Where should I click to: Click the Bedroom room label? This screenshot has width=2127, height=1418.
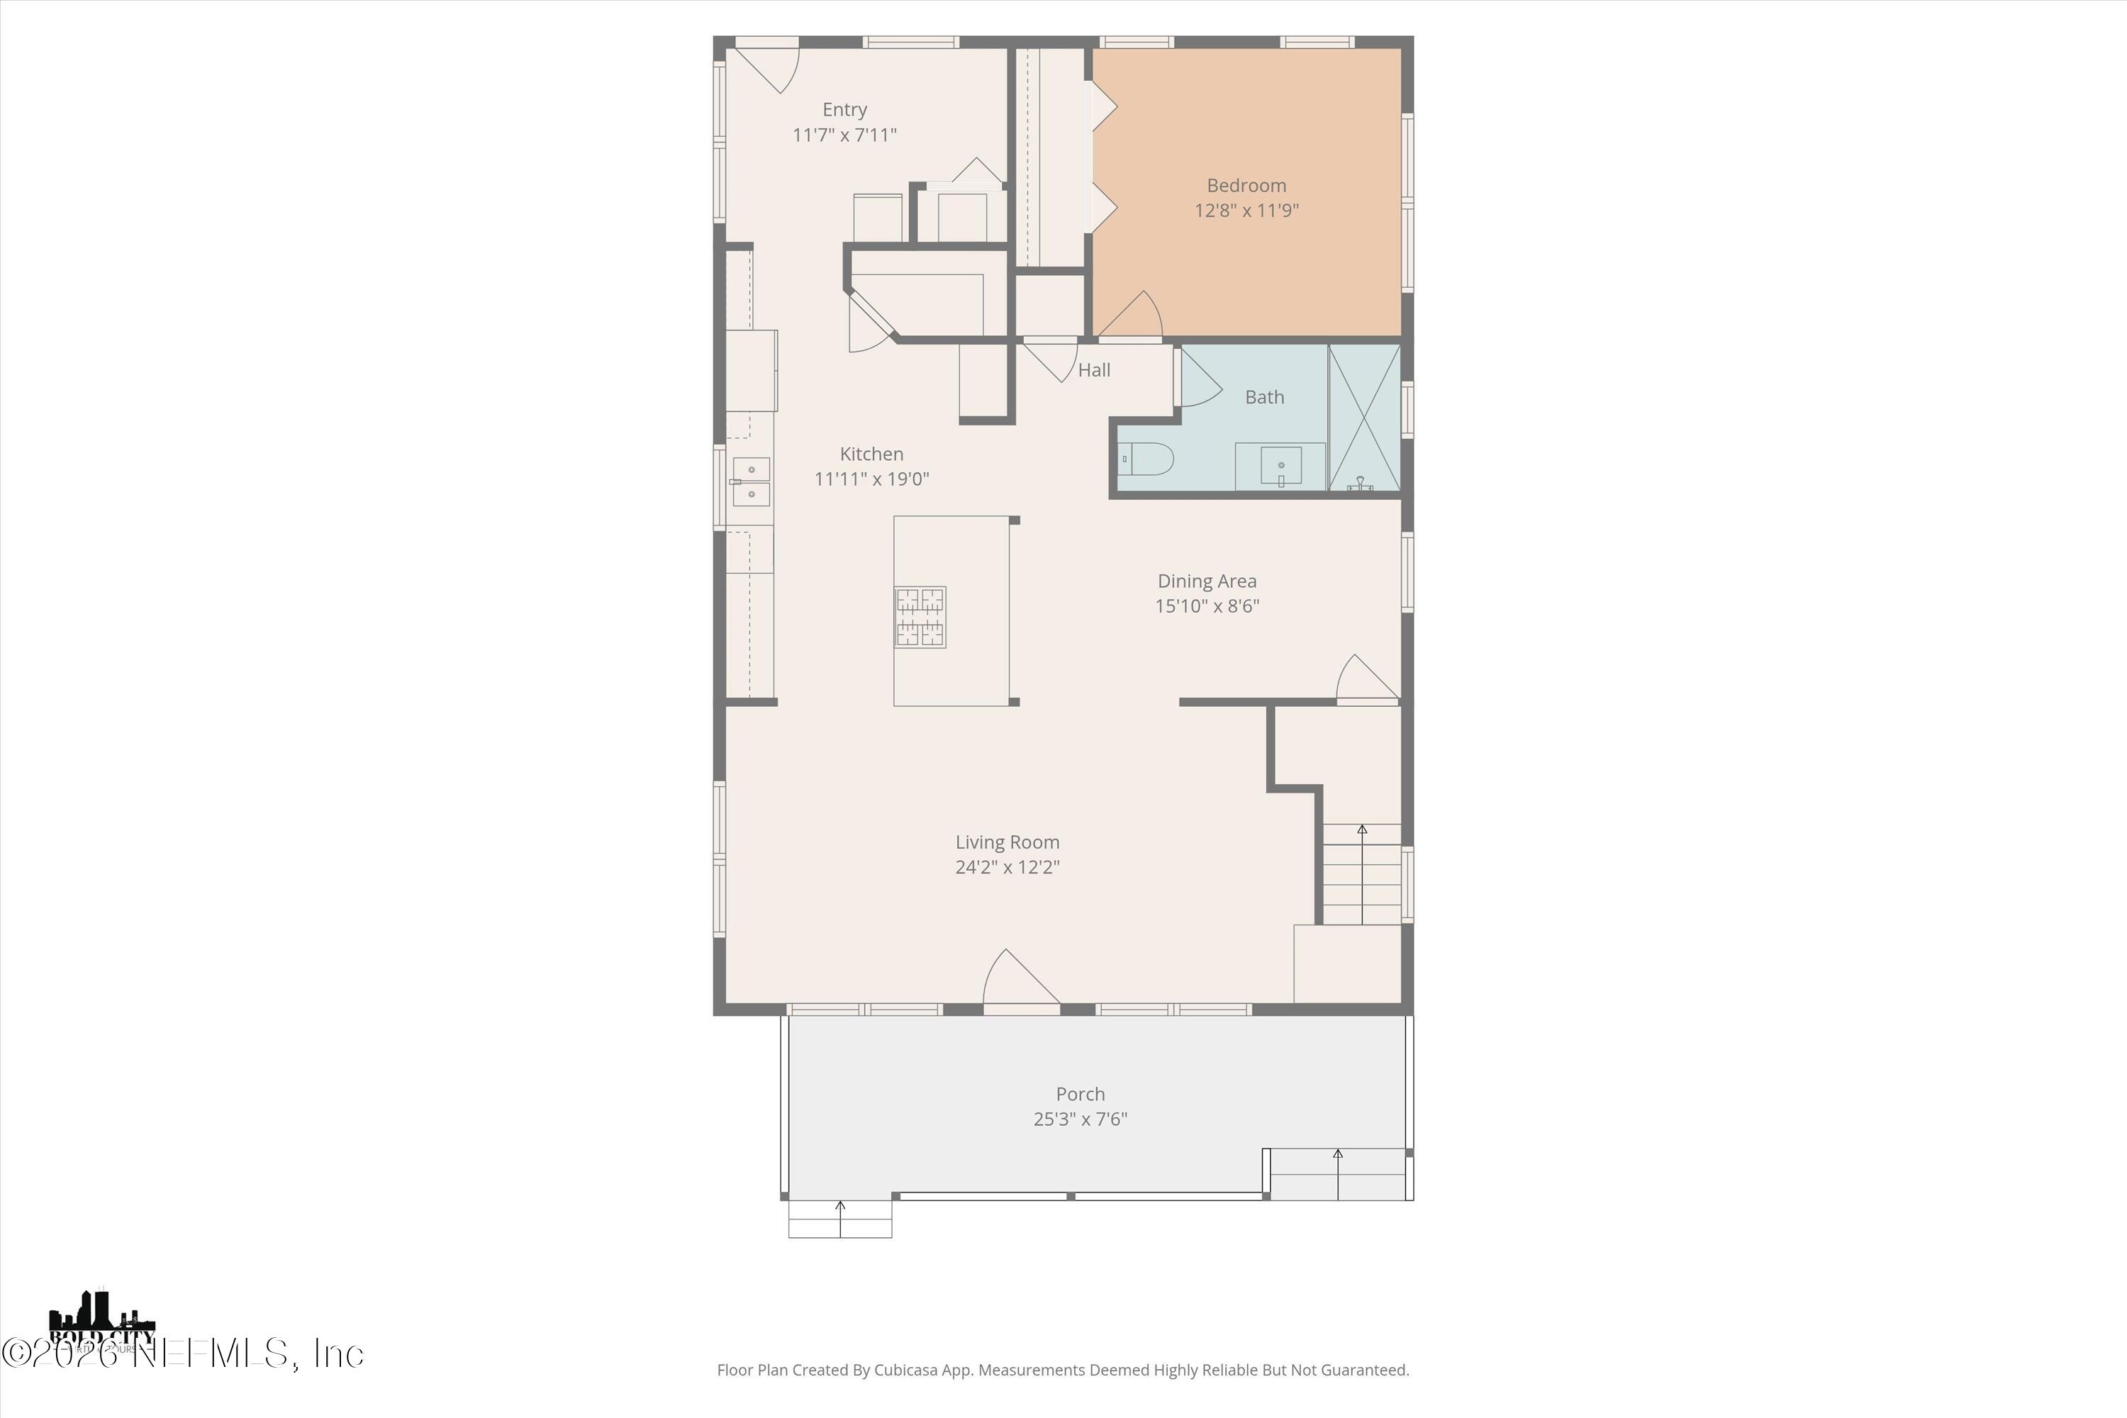(x=1246, y=185)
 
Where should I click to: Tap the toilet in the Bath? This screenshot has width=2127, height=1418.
(x=1146, y=459)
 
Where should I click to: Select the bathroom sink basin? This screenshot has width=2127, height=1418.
(x=1280, y=466)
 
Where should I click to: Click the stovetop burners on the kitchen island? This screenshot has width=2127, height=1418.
(x=920, y=617)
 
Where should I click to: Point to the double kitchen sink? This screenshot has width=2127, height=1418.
(x=751, y=482)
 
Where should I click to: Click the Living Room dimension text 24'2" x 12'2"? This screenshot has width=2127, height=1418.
(x=1007, y=867)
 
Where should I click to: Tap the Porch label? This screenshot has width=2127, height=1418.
(x=1080, y=1094)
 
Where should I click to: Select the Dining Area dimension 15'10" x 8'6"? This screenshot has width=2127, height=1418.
(x=1207, y=606)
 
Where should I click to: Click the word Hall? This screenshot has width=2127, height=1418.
(x=1093, y=370)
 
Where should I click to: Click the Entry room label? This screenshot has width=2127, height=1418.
(x=844, y=109)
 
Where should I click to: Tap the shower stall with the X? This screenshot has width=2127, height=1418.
(x=1363, y=418)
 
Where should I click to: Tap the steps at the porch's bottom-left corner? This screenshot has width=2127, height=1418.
(x=840, y=1218)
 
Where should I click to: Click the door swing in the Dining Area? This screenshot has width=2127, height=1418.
(x=1366, y=679)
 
